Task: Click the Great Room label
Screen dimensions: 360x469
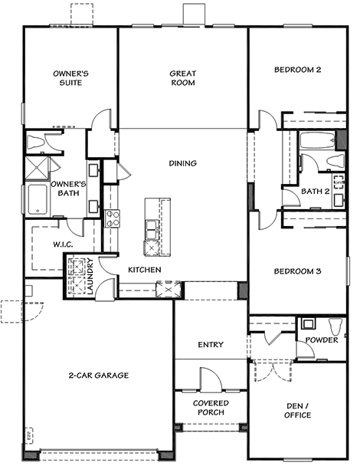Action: [183, 77]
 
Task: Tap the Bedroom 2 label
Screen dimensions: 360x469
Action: [297, 70]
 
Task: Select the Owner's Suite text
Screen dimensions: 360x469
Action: [70, 77]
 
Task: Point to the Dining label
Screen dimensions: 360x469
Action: [183, 163]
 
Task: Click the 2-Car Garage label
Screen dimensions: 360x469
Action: [99, 375]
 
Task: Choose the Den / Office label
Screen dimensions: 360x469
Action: [297, 411]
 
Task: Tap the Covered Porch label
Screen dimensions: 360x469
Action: [211, 408]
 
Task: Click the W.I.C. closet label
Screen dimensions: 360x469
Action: [63, 244]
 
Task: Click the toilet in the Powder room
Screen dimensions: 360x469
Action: [335, 327]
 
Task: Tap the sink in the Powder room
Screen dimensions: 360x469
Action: [308, 323]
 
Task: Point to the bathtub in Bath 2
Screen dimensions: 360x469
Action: [317, 140]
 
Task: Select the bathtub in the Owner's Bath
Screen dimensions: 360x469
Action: [38, 199]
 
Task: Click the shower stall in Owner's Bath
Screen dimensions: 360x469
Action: [37, 168]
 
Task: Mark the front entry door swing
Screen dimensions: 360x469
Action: [211, 379]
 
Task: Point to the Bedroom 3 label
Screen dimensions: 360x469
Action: [297, 271]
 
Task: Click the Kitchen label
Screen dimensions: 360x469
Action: [145, 270]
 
